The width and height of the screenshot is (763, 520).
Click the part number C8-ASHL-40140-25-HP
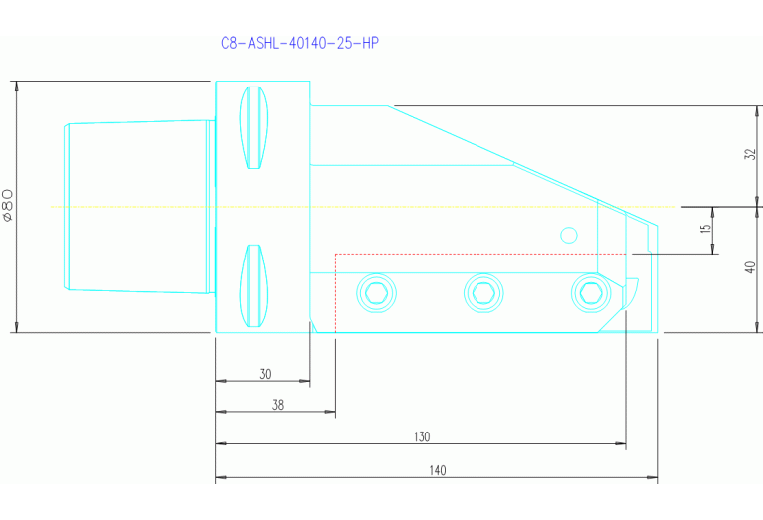coord(299,43)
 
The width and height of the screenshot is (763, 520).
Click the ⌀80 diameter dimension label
coord(8,204)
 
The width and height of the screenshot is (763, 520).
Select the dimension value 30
coord(265,374)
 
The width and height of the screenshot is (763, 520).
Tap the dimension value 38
coord(278,405)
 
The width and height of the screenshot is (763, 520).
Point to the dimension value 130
coord(422,436)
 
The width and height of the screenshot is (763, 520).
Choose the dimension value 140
coord(438,470)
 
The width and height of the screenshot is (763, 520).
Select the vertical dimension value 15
coord(705,230)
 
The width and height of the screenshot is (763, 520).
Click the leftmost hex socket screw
coord(376,291)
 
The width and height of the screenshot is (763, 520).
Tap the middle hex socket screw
coord(483,291)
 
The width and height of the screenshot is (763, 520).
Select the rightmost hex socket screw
coord(589,291)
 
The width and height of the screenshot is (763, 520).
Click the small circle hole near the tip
coord(569,235)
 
